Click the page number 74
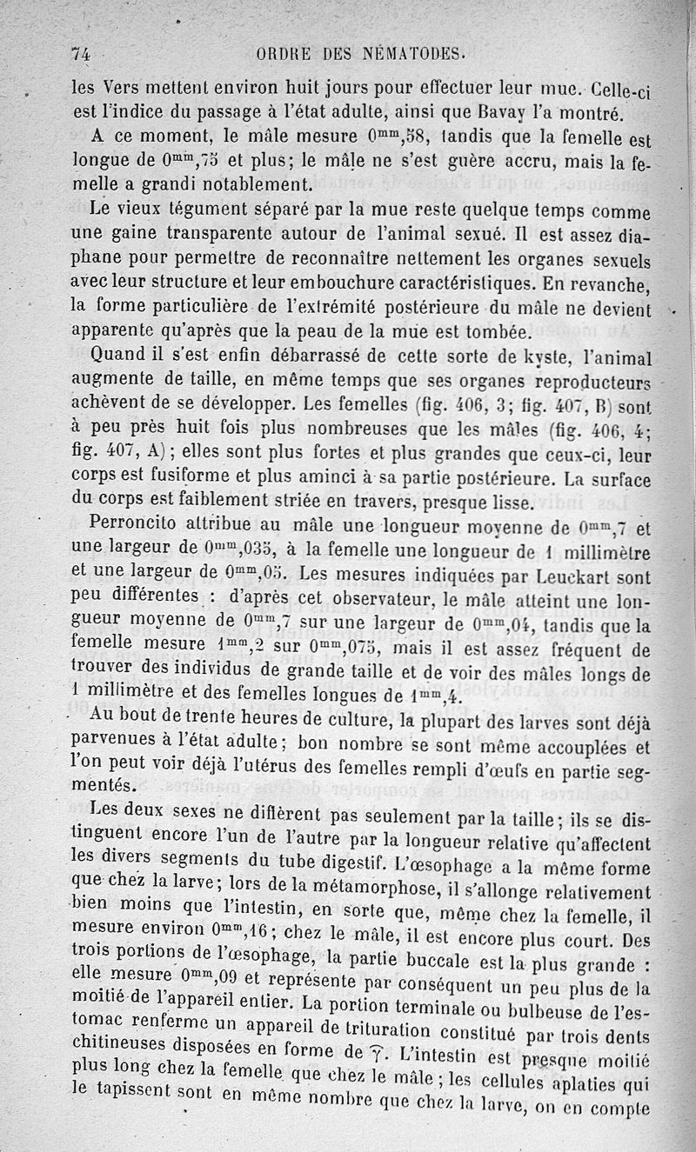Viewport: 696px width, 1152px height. (82, 53)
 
